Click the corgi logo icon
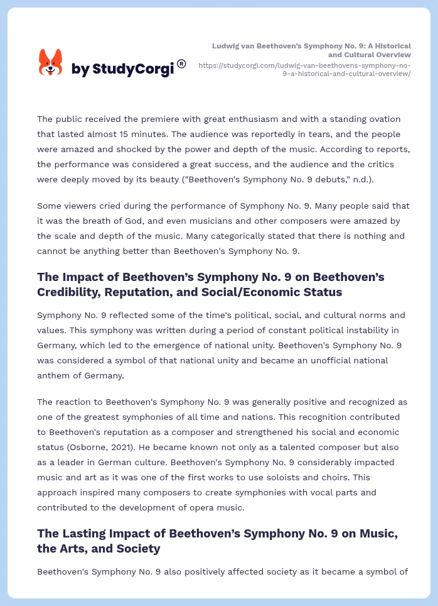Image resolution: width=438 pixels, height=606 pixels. tap(51, 62)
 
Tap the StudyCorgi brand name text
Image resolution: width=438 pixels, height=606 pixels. tap(122, 69)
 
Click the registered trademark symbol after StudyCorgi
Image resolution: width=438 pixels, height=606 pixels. tap(181, 63)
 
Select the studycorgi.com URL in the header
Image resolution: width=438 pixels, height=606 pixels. tap(304, 69)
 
